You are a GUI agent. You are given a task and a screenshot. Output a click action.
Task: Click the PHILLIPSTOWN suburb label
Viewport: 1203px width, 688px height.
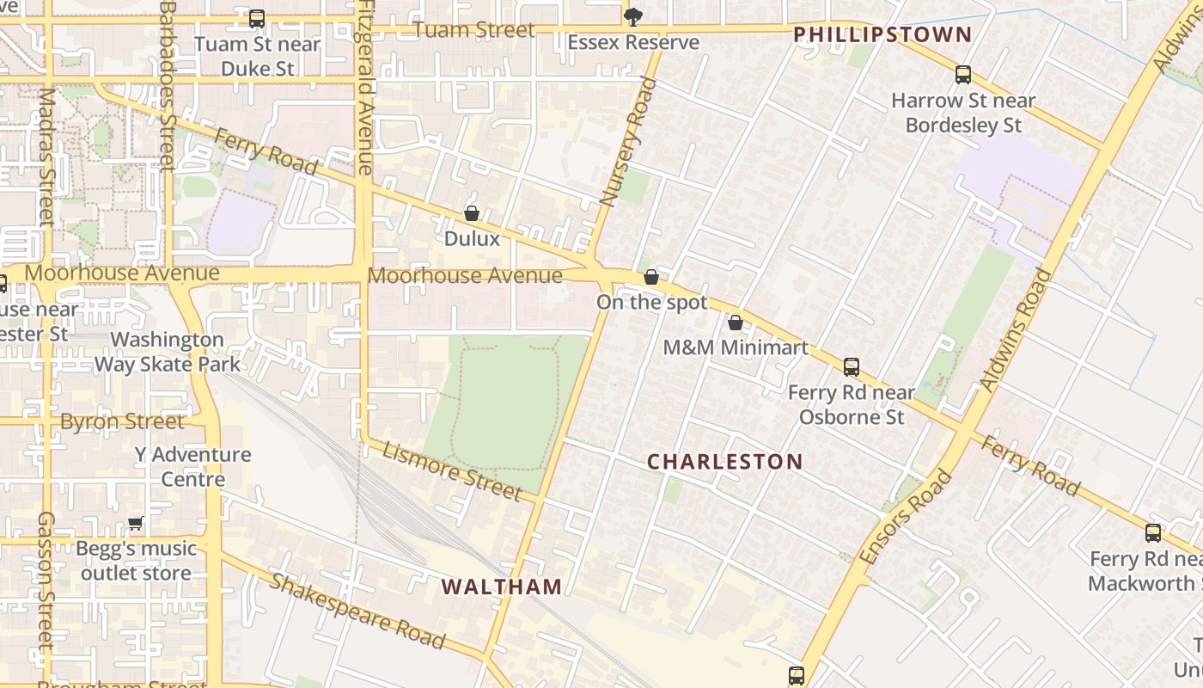click(882, 35)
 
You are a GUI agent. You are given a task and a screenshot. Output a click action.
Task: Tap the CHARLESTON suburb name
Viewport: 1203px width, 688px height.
click(724, 462)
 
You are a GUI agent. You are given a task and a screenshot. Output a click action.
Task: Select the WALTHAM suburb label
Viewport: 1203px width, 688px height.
click(502, 587)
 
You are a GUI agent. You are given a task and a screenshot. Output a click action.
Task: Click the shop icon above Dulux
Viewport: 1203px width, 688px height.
click(472, 212)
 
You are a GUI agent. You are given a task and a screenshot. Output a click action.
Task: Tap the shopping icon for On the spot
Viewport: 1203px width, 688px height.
click(651, 277)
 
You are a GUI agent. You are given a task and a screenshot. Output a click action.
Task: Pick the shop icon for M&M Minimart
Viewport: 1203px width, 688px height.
click(736, 322)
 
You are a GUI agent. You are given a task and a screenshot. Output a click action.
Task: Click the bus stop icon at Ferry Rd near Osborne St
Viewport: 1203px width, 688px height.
click(851, 367)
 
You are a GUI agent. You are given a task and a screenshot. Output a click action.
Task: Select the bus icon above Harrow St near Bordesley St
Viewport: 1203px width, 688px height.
click(962, 75)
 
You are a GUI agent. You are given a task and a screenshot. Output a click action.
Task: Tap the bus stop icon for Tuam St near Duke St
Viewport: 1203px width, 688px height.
click(256, 18)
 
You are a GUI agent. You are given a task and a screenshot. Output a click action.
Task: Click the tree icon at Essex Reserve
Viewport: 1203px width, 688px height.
click(632, 16)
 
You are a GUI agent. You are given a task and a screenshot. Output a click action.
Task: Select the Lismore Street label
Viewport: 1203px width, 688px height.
click(452, 470)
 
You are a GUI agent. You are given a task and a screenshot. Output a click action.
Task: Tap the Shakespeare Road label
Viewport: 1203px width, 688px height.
click(357, 611)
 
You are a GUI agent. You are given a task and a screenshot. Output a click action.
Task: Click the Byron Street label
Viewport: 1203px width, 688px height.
click(122, 421)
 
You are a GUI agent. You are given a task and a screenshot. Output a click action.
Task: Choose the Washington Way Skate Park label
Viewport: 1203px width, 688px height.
click(167, 352)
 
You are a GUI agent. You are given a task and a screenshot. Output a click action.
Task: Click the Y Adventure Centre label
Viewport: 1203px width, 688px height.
click(192, 467)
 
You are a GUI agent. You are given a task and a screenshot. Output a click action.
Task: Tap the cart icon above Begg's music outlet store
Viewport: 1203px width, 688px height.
click(136, 523)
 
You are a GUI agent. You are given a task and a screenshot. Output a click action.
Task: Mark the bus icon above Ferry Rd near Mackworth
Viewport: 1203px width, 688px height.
click(1152, 533)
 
